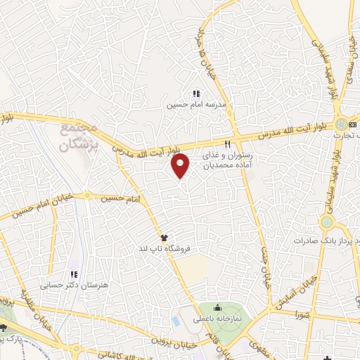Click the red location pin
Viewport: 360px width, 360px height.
point(181,166)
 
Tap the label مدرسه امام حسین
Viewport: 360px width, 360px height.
point(189,105)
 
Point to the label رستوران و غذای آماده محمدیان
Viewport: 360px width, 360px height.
point(226,160)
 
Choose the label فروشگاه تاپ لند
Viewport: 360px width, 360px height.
point(162,249)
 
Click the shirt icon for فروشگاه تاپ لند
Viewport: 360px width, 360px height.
point(163,237)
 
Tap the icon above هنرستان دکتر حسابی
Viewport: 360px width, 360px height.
point(72,274)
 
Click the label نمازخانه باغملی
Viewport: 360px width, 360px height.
point(218,319)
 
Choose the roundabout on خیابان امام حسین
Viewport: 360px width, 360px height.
point(87,196)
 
